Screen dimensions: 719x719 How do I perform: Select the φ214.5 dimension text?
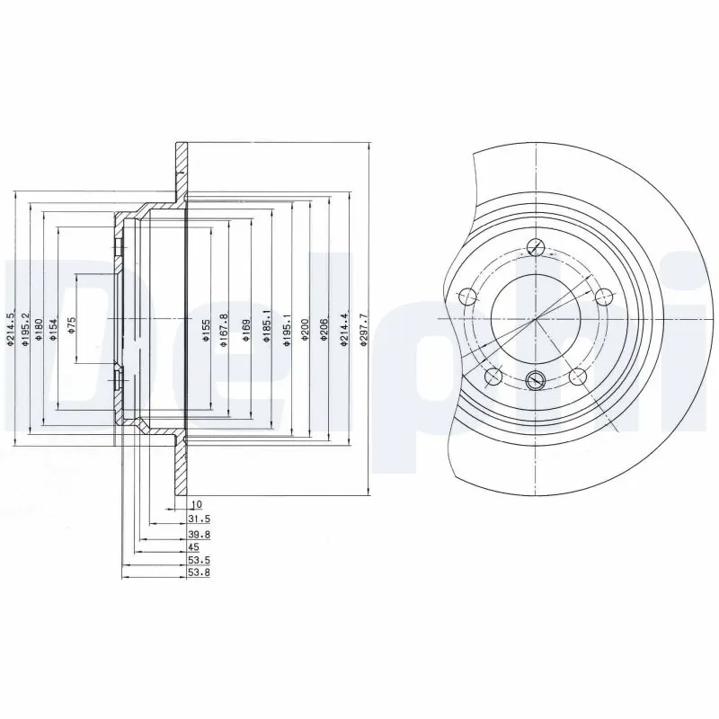pyautogui.click(x=12, y=329)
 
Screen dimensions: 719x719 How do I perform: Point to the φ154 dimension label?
pyautogui.click(x=52, y=329)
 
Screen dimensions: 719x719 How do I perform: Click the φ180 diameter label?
pyautogui.click(x=40, y=329)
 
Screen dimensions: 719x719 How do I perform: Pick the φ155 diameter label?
pyautogui.click(x=206, y=330)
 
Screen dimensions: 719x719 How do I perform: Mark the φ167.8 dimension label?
pyautogui.click(x=224, y=330)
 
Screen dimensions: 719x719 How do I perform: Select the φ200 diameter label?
pyautogui.click(x=306, y=330)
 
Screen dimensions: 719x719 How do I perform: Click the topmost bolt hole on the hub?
pyautogui.click(x=536, y=249)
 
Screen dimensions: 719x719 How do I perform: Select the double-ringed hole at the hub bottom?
pyautogui.click(x=536, y=379)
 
